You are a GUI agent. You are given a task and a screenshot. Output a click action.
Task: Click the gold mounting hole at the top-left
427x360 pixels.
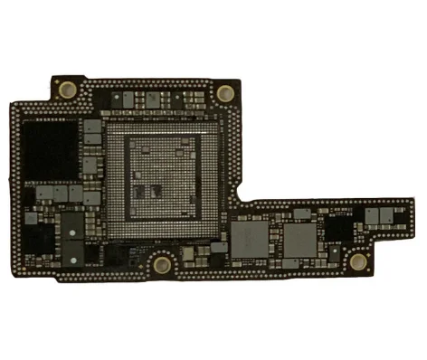[68, 89]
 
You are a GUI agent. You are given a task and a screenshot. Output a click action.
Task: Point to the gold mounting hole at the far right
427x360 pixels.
[358, 262]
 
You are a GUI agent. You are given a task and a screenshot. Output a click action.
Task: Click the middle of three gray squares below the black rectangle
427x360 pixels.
[60, 193]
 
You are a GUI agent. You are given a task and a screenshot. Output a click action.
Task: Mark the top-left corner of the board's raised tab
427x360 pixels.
[54, 77]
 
